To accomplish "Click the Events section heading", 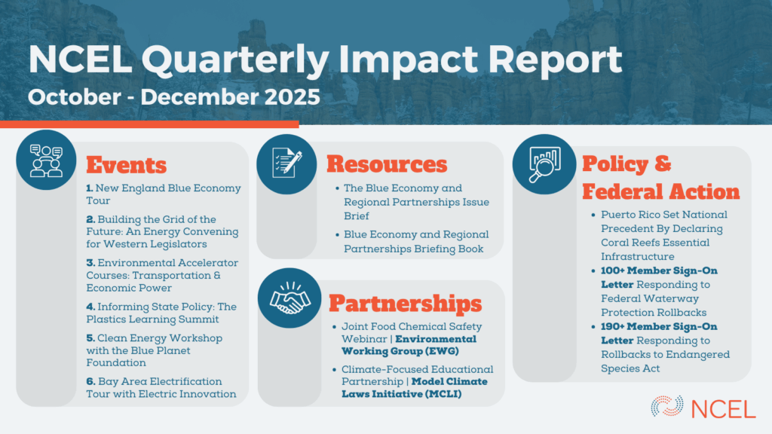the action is pyautogui.click(x=127, y=165).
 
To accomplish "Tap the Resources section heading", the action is pyautogui.click(x=387, y=164).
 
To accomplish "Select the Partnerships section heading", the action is pyautogui.click(x=405, y=304).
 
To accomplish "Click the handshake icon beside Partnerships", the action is pyautogui.click(x=289, y=298).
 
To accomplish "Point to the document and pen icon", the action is pyautogui.click(x=286, y=164).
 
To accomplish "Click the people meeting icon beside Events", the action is pyautogui.click(x=46, y=160).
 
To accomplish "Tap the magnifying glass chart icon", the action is pyautogui.click(x=544, y=164).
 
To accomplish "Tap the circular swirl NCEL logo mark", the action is pyautogui.click(x=667, y=406).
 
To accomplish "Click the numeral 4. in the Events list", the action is pyautogui.click(x=90, y=307).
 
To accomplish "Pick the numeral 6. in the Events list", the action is pyautogui.click(x=90, y=381).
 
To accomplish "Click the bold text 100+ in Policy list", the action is pyautogui.click(x=612, y=270).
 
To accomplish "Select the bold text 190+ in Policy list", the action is pyautogui.click(x=612, y=327).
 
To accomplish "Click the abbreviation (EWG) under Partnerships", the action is pyautogui.click(x=442, y=351).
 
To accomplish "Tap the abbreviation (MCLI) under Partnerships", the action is pyautogui.click(x=443, y=394).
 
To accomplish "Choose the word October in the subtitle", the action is pyautogui.click(x=75, y=97).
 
